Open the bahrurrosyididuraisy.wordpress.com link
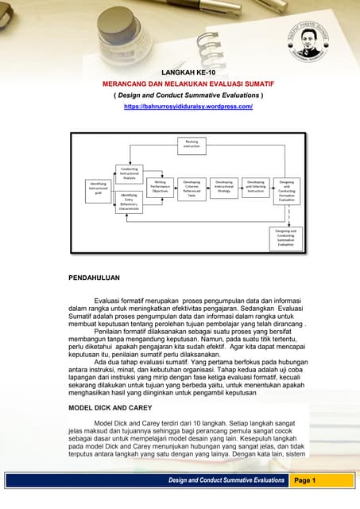pyautogui.click(x=188, y=106)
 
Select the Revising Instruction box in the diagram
pyautogui.click(x=192, y=144)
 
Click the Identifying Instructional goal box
pyautogui.click(x=99, y=188)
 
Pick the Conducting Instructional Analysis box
pyautogui.click(x=130, y=173)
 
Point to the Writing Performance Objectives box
pyautogui.click(x=160, y=188)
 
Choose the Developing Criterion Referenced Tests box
pyautogui.click(x=192, y=188)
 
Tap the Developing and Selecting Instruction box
pyautogui.click(x=255, y=188)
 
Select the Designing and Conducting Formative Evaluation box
pyautogui.click(x=286, y=188)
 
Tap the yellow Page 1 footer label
pyautogui.click(x=305, y=481)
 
